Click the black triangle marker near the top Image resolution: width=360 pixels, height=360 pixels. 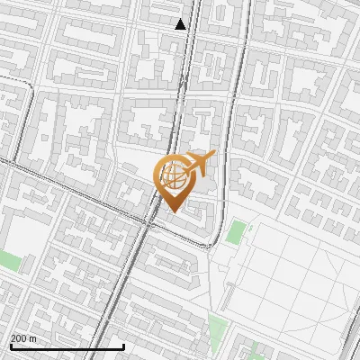(x=181, y=24)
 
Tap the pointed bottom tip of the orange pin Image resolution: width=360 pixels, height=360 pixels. (x=173, y=211)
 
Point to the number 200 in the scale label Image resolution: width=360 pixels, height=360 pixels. (x=19, y=338)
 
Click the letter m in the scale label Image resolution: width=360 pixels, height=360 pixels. (x=34, y=338)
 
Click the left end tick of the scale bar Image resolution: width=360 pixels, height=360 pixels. (x=10, y=346)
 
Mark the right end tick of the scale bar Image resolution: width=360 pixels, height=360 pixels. (x=123, y=346)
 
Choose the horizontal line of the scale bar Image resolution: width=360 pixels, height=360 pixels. (x=67, y=347)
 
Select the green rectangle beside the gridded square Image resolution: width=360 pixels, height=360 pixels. (x=235, y=232)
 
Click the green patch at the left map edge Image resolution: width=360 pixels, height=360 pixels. (x=9, y=262)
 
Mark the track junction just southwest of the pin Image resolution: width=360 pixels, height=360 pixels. (x=148, y=221)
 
